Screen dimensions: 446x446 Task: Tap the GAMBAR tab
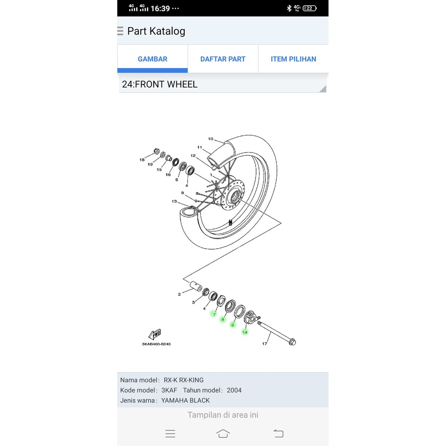(x=152, y=59)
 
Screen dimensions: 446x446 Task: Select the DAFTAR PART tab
(x=223, y=59)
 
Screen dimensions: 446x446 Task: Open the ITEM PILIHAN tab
(x=293, y=59)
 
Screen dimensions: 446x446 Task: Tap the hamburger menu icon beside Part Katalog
(x=120, y=31)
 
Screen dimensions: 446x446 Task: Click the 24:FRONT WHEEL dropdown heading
(x=223, y=84)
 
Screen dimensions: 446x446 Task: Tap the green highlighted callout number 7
(x=214, y=314)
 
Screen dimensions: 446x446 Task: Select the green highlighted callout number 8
(x=223, y=319)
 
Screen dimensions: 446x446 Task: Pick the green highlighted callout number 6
(x=233, y=325)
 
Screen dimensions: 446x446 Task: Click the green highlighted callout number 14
(x=245, y=332)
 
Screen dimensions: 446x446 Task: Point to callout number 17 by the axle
(x=264, y=344)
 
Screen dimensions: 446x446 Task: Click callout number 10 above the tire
(x=210, y=139)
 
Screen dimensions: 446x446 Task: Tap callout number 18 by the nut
(x=142, y=160)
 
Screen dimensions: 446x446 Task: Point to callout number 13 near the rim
(x=174, y=201)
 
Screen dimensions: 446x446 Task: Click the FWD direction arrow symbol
(x=155, y=334)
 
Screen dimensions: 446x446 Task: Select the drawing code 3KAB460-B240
(x=156, y=344)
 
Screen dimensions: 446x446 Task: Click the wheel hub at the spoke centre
(x=233, y=196)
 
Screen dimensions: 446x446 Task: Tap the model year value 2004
(x=234, y=390)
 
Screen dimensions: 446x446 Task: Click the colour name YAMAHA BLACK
(x=186, y=400)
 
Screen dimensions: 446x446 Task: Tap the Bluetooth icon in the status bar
(x=289, y=8)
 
